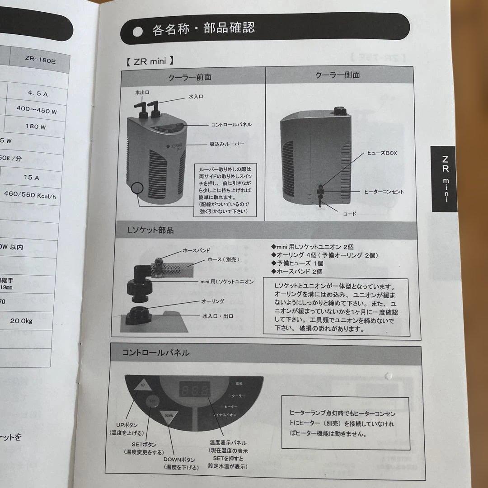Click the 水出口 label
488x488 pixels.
click(x=142, y=92)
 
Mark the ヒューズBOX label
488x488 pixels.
click(x=382, y=153)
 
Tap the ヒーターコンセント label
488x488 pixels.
click(x=384, y=192)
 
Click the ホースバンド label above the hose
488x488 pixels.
click(x=196, y=250)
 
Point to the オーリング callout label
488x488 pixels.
click(x=212, y=301)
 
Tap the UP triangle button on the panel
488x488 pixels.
click(x=142, y=385)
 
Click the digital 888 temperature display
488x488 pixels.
click(x=194, y=391)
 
